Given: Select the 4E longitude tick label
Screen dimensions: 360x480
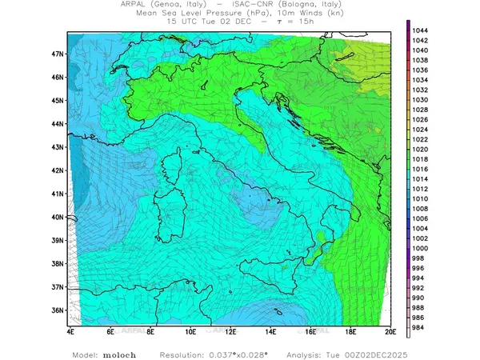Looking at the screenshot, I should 70,330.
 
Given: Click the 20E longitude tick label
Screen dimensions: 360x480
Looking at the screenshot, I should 390,330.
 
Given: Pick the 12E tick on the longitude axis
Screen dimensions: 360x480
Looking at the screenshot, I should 230,330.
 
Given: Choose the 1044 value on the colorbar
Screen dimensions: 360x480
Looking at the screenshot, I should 421,30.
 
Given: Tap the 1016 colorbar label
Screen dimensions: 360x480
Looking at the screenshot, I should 421,170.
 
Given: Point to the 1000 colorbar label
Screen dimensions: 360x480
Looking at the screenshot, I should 421,248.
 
